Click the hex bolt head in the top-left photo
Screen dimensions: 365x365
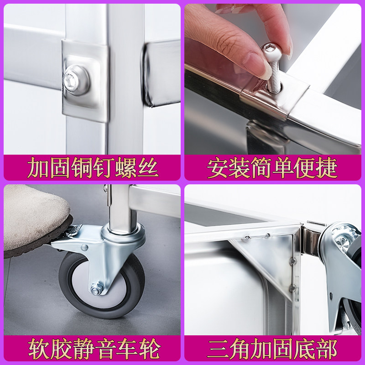tap(76, 80)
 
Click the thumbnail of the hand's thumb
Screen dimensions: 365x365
tap(255, 66)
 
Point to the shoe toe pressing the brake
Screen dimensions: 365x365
tap(35, 221)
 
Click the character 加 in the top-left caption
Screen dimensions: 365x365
tap(38, 168)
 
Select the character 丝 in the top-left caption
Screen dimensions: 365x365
tap(148, 168)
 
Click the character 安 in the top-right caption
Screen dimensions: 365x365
tap(217, 168)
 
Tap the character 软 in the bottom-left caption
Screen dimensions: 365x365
tap(38, 349)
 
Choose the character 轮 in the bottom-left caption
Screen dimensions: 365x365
tap(149, 349)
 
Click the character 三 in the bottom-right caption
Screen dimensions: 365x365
tap(218, 349)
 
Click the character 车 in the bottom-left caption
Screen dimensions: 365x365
tap(127, 349)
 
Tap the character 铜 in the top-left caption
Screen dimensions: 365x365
tap(82, 168)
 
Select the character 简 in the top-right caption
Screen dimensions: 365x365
tap(261, 168)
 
